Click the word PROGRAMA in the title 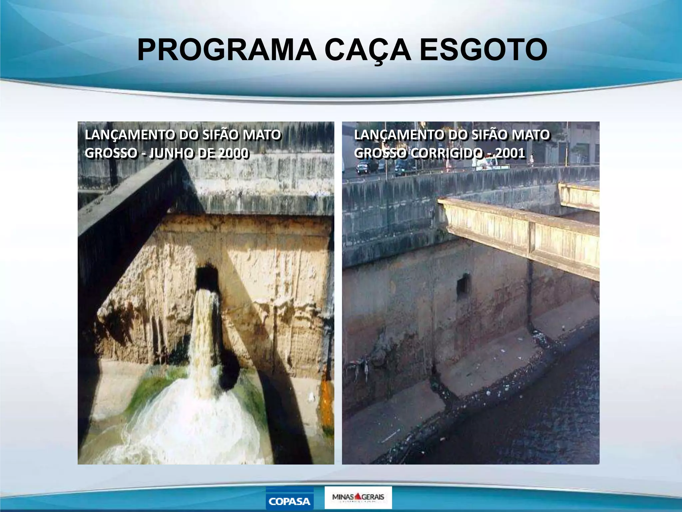click(226, 50)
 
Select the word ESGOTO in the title click(483, 50)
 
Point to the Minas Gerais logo click(358, 497)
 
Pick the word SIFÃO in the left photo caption click(221, 135)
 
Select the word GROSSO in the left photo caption click(111, 153)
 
